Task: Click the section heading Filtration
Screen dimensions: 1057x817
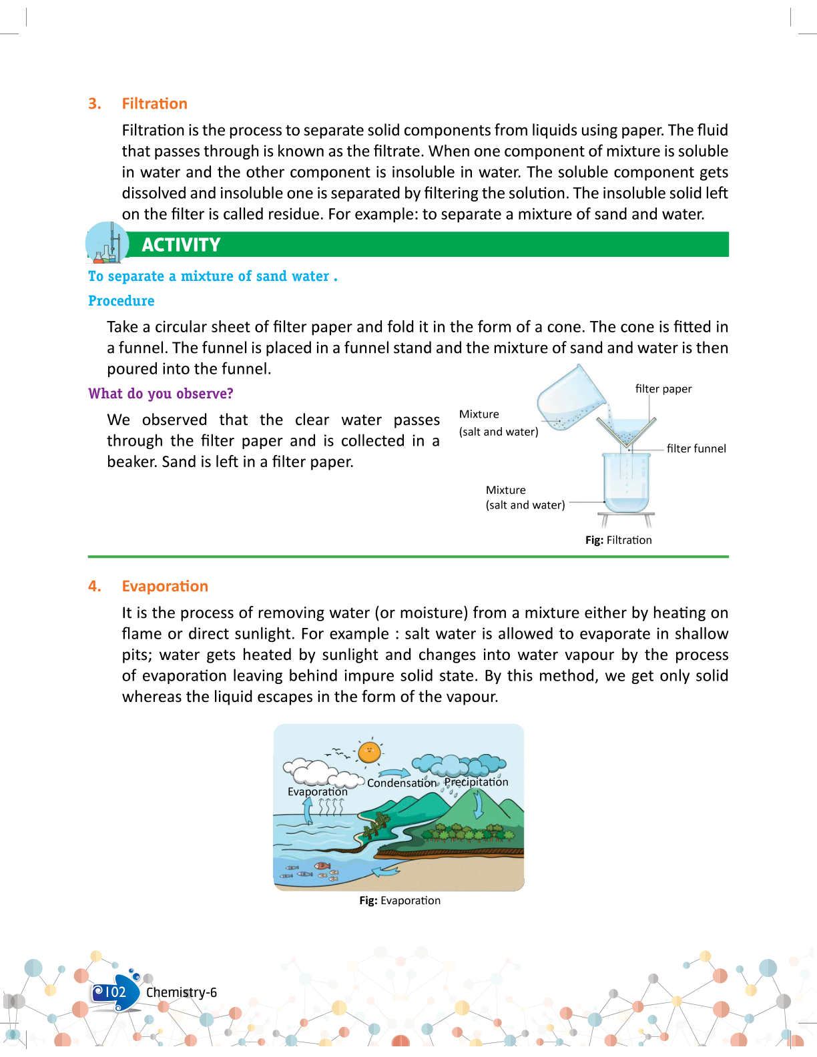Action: [154, 103]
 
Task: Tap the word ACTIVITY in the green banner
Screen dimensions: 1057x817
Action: [181, 245]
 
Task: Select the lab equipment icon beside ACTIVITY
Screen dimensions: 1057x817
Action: [107, 243]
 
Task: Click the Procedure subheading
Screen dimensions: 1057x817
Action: [121, 301]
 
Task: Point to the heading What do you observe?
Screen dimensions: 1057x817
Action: [161, 394]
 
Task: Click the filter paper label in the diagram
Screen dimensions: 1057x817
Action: [663, 389]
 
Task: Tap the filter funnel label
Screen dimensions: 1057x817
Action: [696, 448]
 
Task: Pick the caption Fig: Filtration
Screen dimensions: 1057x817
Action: [618, 540]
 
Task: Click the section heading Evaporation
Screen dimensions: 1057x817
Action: [165, 586]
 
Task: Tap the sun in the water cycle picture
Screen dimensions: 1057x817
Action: [369, 752]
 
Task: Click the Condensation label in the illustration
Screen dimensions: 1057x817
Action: [401, 783]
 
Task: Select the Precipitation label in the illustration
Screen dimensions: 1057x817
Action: [476, 781]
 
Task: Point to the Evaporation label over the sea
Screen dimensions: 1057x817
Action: [317, 791]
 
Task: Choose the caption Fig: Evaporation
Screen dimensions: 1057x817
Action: [399, 900]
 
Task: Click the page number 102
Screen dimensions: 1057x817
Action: [115, 992]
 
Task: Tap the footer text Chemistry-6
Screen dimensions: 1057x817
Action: [182, 992]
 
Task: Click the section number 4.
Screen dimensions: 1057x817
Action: [95, 586]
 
